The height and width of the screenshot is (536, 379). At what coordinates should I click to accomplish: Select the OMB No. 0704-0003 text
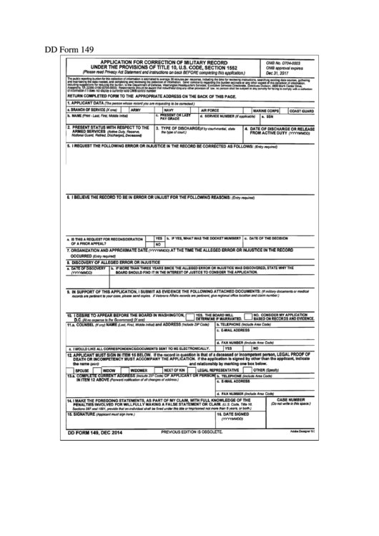281,63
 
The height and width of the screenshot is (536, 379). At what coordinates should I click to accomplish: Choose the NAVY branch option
169,110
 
